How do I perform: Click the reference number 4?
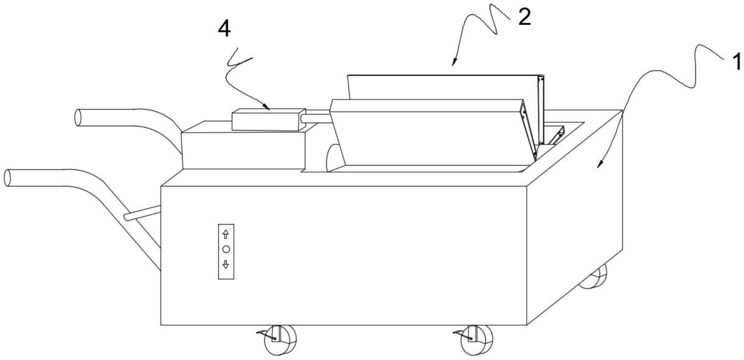pyautogui.click(x=224, y=29)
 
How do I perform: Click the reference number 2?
pyautogui.click(x=524, y=17)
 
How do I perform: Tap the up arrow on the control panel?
pyautogui.click(x=226, y=234)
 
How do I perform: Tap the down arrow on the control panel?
pyautogui.click(x=226, y=264)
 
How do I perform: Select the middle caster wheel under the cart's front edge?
pyautogui.click(x=477, y=340)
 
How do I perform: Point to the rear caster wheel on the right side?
pyautogui.click(x=594, y=277)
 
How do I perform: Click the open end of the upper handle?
pyautogui.click(x=78, y=117)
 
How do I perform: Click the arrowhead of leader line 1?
pyautogui.click(x=599, y=166)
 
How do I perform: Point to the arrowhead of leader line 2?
pyautogui.click(x=454, y=64)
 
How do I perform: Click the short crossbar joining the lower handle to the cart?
pyautogui.click(x=142, y=213)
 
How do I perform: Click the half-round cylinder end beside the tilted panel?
pyautogui.click(x=333, y=158)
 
